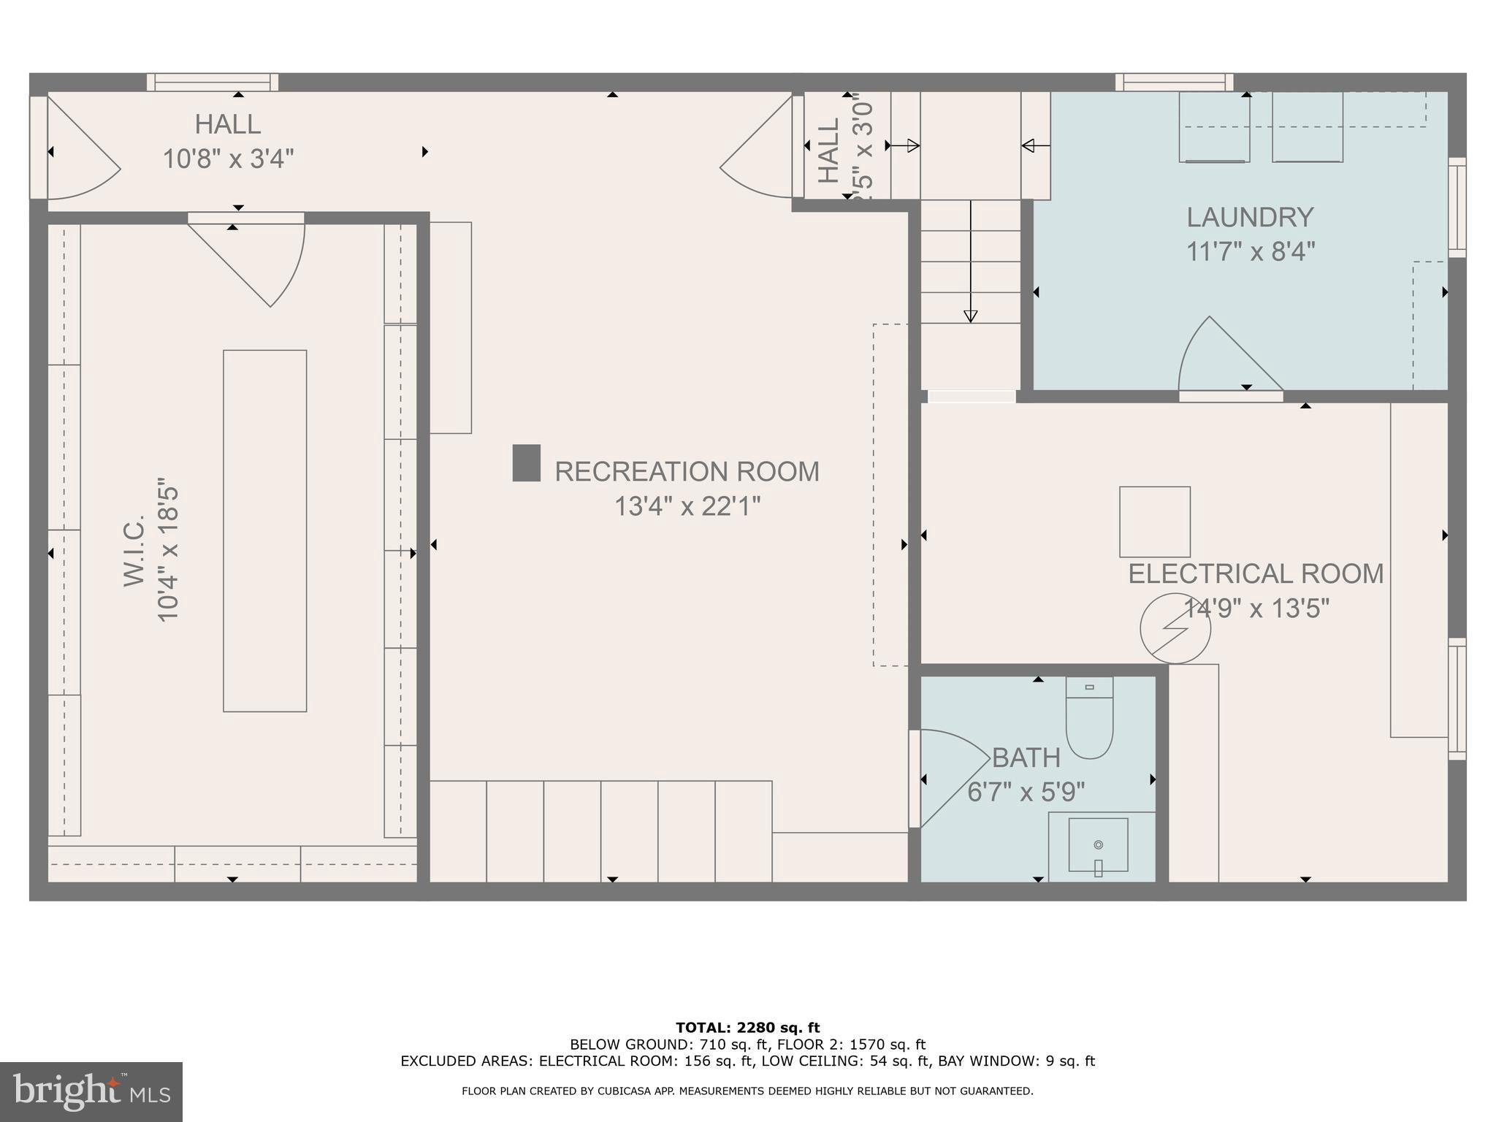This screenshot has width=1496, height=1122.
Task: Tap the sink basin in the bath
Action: tap(1098, 844)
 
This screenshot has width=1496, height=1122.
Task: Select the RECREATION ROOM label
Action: tap(687, 472)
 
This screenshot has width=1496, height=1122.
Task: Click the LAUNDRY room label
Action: tap(1250, 218)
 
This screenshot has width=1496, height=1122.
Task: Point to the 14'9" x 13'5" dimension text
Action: tap(1256, 608)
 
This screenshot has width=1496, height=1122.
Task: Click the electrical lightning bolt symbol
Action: tap(1175, 629)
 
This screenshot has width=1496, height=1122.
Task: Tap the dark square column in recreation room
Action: tap(526, 463)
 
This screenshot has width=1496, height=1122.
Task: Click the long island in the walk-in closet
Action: tap(264, 530)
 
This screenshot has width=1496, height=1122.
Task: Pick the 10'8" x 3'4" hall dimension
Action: tap(228, 159)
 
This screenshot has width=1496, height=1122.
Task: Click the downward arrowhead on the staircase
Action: tap(970, 316)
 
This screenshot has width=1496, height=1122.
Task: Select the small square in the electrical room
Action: tap(1154, 522)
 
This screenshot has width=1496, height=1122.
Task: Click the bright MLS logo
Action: tap(91, 1091)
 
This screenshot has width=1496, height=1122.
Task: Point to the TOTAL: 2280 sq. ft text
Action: tap(747, 1028)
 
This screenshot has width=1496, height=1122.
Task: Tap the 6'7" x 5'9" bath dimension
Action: tap(1026, 792)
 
